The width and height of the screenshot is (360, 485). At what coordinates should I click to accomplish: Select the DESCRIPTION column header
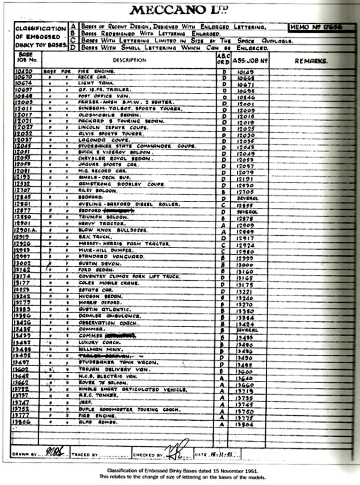pos(129,60)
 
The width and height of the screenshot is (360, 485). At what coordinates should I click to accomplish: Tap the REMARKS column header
pos(311,61)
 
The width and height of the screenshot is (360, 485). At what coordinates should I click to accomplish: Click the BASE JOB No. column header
pos(27,57)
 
